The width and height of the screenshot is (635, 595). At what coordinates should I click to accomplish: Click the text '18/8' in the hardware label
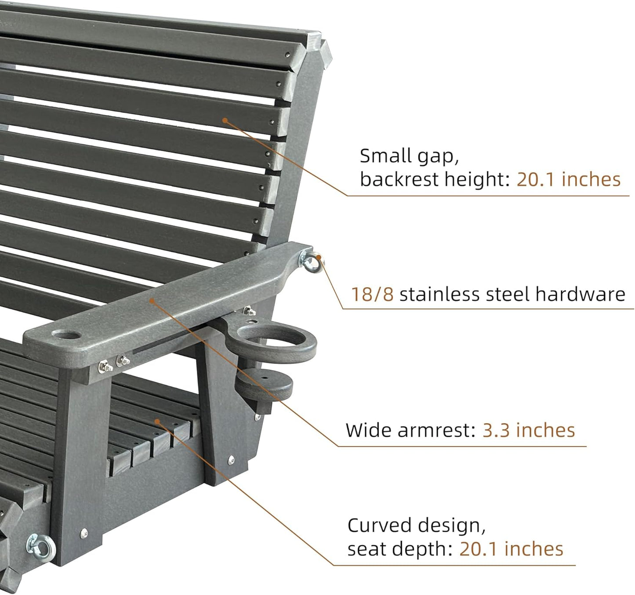(372, 294)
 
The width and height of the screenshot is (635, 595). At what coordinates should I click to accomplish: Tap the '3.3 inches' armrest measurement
(529, 430)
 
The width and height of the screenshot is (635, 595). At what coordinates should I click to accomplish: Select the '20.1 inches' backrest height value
(568, 179)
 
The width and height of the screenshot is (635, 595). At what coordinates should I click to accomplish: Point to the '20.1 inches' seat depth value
(511, 549)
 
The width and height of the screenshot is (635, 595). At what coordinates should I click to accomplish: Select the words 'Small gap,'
(409, 156)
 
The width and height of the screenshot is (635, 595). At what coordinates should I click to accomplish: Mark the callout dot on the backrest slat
(225, 120)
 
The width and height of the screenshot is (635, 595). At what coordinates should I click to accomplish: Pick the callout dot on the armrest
(152, 301)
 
